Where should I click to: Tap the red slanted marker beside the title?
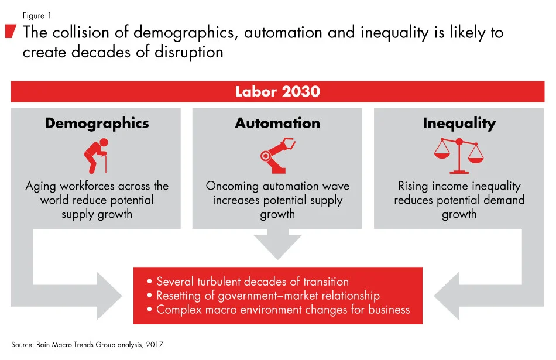tap(10, 32)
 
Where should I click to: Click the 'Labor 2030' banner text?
tap(277, 92)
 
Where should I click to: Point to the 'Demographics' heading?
tap(97, 124)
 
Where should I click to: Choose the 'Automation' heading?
tap(277, 124)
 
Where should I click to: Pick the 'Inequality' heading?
tap(459, 124)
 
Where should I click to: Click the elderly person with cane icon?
tap(97, 155)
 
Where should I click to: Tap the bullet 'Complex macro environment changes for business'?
tap(279, 310)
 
